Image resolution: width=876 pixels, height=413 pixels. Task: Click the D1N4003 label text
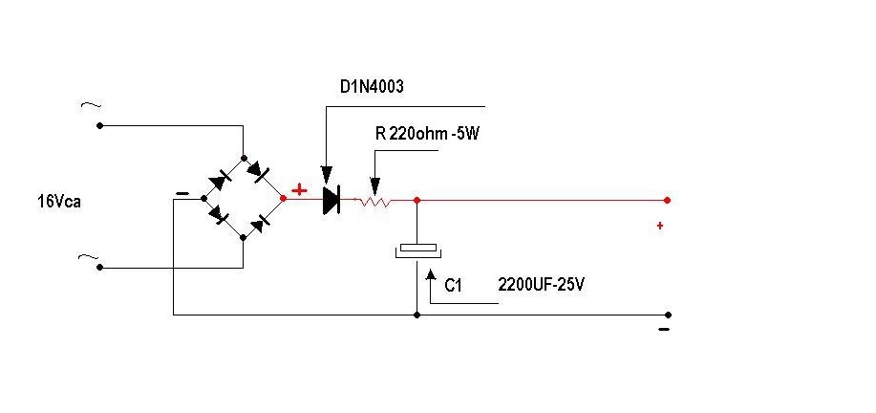coord(372,87)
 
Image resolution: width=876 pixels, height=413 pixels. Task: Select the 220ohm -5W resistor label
coord(426,135)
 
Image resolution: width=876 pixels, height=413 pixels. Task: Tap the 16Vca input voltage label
coord(56,203)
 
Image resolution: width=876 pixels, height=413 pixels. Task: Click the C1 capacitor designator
coord(454,285)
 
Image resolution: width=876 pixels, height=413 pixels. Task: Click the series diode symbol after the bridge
coord(331,199)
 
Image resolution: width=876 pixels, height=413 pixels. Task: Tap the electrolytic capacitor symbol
coord(417,250)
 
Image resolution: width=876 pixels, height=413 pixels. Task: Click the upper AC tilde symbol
coord(95,105)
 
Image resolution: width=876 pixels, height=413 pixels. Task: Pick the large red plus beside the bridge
coord(299,190)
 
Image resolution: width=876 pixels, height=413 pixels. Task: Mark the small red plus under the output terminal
coord(659,226)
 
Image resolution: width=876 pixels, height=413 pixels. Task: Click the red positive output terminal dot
coord(667,200)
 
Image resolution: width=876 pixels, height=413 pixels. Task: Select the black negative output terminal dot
coord(668,315)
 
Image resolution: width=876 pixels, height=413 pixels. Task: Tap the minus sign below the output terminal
coord(663,330)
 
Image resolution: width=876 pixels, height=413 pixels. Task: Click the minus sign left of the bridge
coord(182,194)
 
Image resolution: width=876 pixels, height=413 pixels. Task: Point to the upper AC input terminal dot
coord(99,125)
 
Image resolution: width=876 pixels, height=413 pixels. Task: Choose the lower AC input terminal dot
coord(99,269)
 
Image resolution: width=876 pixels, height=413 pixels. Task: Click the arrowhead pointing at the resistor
coord(375,187)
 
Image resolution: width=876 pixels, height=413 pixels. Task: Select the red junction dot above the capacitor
coord(417,200)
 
